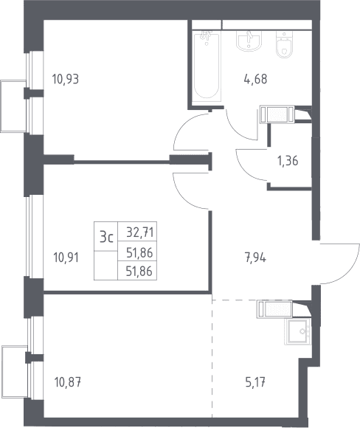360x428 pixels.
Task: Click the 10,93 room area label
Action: pos(65,80)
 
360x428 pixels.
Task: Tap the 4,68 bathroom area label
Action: pos(255,79)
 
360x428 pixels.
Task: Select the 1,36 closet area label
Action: pos(288,161)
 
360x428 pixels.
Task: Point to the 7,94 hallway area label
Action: pos(255,258)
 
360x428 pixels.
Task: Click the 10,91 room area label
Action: pos(66,258)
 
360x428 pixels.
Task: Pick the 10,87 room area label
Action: pos(68,382)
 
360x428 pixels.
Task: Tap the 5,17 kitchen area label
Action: pos(255,382)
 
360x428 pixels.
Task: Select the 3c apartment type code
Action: pos(106,236)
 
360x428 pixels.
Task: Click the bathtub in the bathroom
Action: pos(207,66)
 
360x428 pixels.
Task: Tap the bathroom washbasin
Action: pos(249,41)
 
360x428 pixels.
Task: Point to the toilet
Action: pos(285,44)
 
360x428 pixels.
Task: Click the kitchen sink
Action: pos(297,331)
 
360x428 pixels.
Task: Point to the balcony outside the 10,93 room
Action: pos(13,106)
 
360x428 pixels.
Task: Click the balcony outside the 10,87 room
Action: pos(15,372)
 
